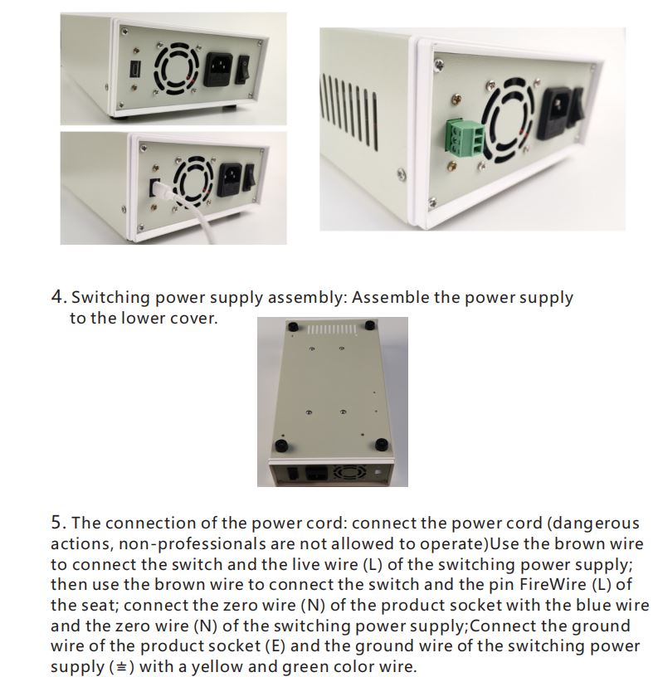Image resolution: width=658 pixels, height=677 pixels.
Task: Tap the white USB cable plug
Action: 163,191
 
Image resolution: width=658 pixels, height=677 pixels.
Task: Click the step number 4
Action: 57,297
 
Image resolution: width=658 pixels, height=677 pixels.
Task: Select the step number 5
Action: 57,523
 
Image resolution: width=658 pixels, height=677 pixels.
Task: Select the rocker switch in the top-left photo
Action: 242,69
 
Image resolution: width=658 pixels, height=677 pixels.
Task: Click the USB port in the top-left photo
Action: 134,70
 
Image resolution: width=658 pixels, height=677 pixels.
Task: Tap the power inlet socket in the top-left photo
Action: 217,69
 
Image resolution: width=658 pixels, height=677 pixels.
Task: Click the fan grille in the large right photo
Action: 509,122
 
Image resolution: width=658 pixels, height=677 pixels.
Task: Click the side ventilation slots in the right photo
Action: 348,109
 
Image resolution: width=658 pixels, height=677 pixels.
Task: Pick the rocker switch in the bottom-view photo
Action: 294,474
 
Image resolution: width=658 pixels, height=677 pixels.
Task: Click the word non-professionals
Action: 193,544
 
